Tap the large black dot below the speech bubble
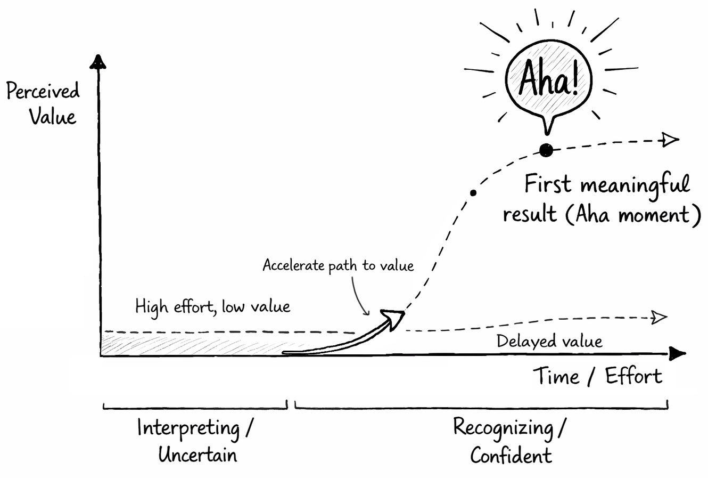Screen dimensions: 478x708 click(546, 150)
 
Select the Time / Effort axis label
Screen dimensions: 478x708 click(598, 377)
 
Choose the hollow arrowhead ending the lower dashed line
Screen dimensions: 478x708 click(660, 318)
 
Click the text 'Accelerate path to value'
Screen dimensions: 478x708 click(338, 265)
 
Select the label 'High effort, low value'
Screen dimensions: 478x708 click(212, 307)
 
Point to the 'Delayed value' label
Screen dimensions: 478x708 click(549, 341)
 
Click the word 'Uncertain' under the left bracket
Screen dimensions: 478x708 click(197, 455)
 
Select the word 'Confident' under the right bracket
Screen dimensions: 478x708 click(511, 456)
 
